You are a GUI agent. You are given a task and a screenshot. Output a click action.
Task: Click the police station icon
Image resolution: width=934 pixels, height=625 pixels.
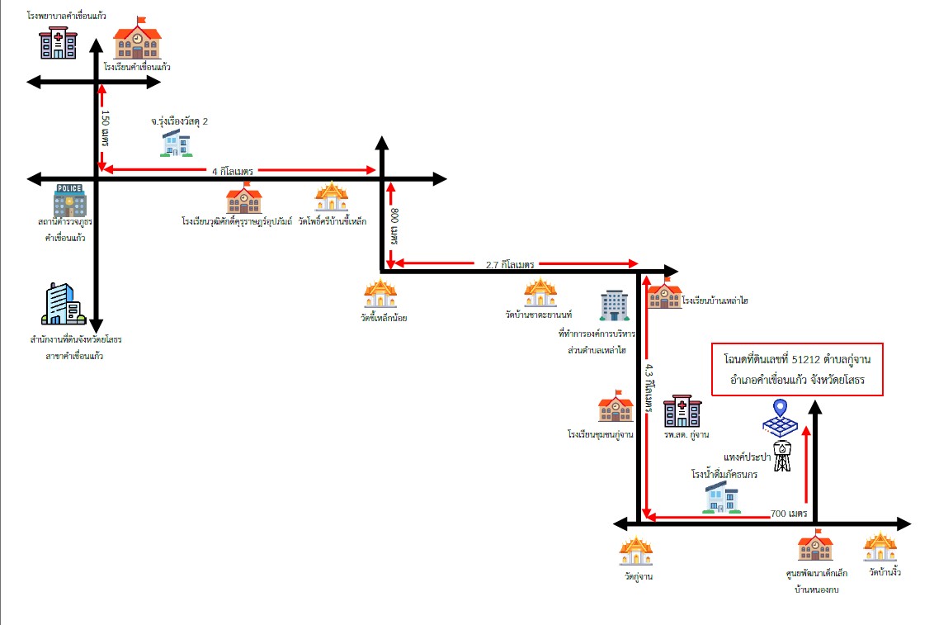click(x=69, y=200)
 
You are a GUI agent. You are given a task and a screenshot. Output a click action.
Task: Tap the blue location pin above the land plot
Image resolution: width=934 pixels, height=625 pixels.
click(x=781, y=409)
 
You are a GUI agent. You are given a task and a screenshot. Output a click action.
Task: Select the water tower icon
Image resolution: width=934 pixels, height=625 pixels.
click(x=783, y=456)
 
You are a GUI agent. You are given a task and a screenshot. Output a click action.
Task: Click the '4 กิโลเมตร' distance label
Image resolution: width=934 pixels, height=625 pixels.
click(x=233, y=172)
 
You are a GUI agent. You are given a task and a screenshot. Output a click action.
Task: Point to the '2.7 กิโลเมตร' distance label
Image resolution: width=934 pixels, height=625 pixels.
click(x=510, y=264)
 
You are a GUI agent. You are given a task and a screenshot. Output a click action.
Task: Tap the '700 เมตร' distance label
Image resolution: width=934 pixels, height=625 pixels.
click(x=789, y=513)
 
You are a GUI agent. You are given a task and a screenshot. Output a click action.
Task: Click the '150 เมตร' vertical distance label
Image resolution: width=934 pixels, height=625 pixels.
click(x=106, y=128)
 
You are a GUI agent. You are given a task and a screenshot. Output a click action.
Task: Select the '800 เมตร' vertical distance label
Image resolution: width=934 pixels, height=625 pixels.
click(x=394, y=226)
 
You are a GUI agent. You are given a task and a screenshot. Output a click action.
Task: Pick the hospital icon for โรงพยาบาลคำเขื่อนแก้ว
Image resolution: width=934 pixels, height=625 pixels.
click(x=59, y=43)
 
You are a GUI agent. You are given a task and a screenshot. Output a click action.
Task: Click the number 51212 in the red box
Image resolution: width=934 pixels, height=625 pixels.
click(x=805, y=358)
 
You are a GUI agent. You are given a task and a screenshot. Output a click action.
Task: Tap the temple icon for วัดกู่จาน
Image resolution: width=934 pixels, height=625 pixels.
click(x=636, y=552)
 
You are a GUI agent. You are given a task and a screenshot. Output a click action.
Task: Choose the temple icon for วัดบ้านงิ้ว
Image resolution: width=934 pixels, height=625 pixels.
click(x=880, y=547)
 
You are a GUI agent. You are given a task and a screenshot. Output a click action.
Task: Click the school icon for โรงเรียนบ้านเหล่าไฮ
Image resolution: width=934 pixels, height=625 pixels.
click(x=664, y=293)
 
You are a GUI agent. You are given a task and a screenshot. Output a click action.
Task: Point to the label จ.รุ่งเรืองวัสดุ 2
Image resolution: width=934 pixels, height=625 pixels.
click(x=179, y=121)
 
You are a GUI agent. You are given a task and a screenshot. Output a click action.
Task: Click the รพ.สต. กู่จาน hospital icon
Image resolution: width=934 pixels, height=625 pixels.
click(x=682, y=410)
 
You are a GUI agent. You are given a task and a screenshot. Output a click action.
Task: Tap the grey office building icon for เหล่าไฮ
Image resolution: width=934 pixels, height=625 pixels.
click(x=614, y=305)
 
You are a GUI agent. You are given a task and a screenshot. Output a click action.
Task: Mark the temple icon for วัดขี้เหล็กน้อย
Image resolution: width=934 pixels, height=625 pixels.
click(x=380, y=293)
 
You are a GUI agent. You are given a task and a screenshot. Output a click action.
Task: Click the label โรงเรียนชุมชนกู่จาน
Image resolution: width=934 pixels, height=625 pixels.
click(x=601, y=434)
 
